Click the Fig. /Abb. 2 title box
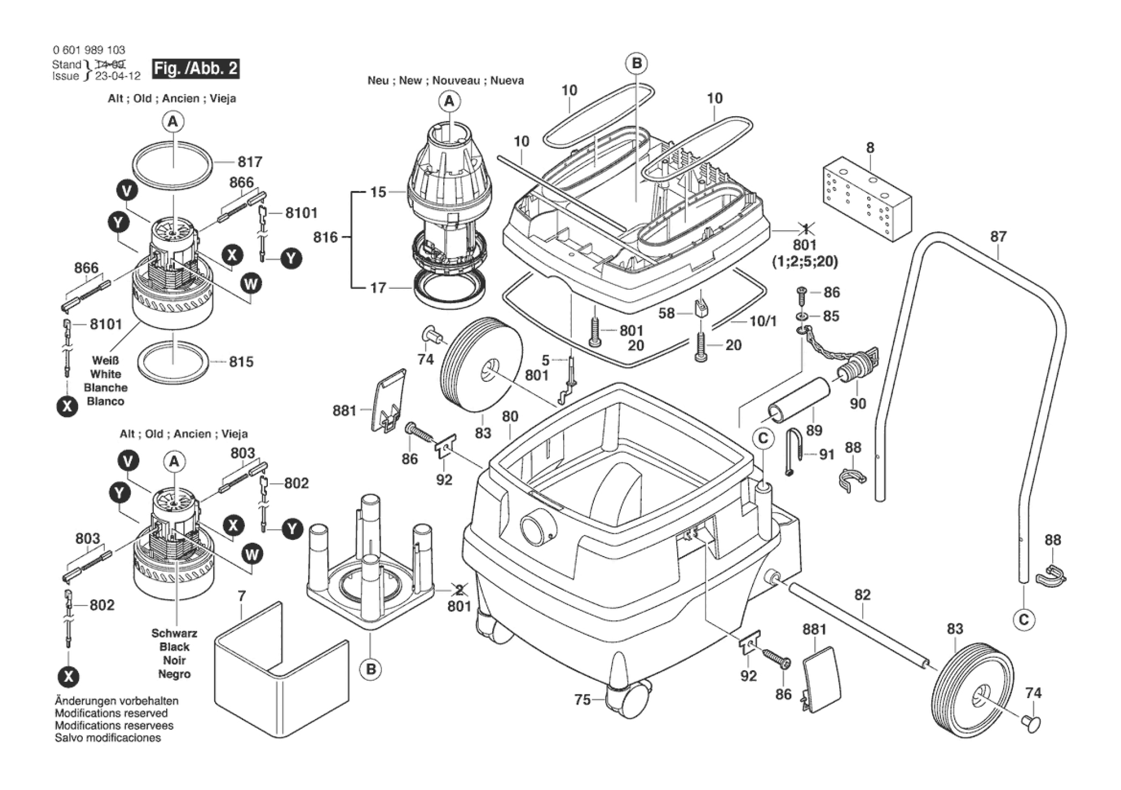(x=195, y=69)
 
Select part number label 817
(x=250, y=161)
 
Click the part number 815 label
(x=241, y=362)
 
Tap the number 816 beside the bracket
(x=325, y=237)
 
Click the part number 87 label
(x=998, y=237)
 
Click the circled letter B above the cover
(x=636, y=63)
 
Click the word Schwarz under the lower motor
(x=174, y=633)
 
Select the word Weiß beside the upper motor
(x=105, y=360)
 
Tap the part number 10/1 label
(x=763, y=322)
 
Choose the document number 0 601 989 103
(x=89, y=50)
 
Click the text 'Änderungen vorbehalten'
(x=116, y=701)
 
